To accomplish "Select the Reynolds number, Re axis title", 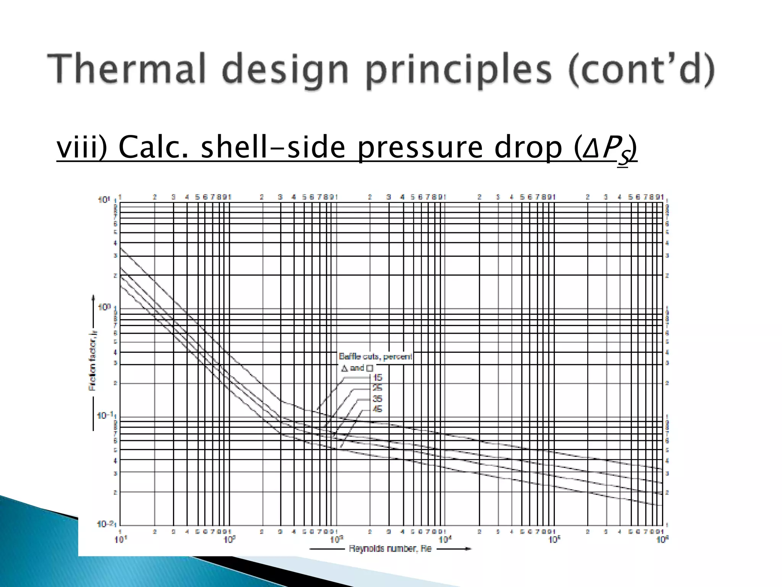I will coord(390,549).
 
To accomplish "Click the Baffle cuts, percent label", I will coord(375,357).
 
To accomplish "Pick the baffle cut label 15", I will coord(377,378).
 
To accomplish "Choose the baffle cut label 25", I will coord(377,388).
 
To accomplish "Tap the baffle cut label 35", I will coord(377,399).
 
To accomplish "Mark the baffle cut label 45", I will coord(377,409).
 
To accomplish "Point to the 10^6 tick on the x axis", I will coord(662,540).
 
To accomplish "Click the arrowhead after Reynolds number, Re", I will coord(468,549).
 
